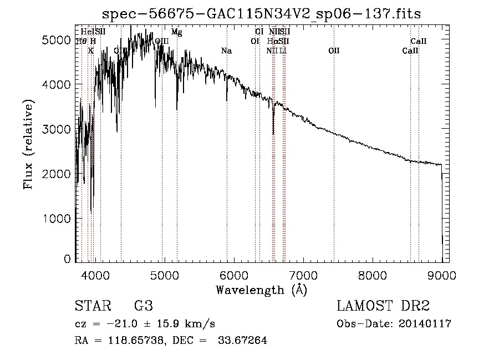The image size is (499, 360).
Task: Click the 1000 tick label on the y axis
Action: coord(56,219)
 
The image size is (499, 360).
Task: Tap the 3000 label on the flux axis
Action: coord(56,129)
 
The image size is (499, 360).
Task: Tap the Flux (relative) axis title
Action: coord(28,144)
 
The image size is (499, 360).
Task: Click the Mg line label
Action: coord(176,32)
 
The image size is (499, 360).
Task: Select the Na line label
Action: coord(226,51)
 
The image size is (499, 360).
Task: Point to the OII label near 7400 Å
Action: coord(334,51)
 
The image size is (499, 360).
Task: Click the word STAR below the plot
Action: coord(91,306)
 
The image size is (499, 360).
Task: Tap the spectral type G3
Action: coord(143,306)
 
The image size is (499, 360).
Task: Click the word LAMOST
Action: coord(363,306)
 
